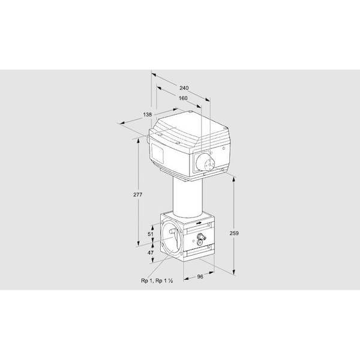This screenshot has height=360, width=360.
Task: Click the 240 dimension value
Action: click(x=184, y=88)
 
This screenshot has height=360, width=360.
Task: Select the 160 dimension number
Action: click(x=183, y=98)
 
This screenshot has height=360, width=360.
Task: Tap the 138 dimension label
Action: click(x=148, y=115)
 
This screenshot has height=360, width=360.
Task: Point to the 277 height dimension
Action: click(x=138, y=194)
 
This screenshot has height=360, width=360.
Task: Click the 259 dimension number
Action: click(x=234, y=233)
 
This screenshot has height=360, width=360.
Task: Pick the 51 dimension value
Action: click(x=151, y=234)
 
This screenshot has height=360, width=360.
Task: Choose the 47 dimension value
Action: click(x=151, y=253)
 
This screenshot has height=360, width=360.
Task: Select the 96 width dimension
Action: click(x=200, y=277)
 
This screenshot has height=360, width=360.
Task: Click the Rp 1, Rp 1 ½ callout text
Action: click(x=157, y=281)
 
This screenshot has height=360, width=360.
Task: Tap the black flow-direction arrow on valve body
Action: click(x=199, y=223)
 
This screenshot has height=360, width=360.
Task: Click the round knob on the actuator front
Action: click(x=205, y=162)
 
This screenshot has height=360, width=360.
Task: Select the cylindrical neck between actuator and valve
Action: click(x=188, y=197)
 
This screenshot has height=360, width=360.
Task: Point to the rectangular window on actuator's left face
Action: click(x=157, y=153)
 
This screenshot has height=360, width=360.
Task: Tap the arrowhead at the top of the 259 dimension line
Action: click(x=234, y=180)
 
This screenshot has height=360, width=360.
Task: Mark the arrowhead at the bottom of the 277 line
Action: click(x=138, y=243)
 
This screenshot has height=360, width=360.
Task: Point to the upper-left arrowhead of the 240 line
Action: click(x=154, y=75)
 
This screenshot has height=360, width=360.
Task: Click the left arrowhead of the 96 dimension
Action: click(x=186, y=279)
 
